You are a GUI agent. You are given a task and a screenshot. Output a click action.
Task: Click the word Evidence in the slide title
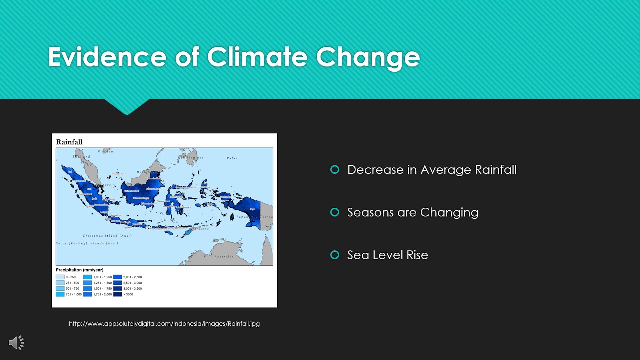tap(106, 57)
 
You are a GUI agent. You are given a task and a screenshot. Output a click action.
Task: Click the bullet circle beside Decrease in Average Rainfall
tap(335, 170)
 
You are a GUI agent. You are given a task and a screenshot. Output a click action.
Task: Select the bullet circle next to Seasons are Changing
tap(335, 212)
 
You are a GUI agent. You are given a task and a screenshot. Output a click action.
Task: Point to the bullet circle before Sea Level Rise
tap(335, 255)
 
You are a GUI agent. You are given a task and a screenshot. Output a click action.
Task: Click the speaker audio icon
tap(16, 342)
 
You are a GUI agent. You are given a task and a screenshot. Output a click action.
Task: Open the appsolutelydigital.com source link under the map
tap(164, 323)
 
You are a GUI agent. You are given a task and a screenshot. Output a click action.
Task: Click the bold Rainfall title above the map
tap(69, 142)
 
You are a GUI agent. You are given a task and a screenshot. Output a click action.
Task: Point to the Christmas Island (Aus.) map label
tap(107, 235)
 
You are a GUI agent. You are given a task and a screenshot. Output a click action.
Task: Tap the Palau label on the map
tap(232, 158)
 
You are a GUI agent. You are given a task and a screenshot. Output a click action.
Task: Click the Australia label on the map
tap(223, 256)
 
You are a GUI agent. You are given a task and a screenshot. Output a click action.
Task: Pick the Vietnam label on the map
tap(106, 151)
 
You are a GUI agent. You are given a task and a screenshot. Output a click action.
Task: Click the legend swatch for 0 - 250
tap(60, 277)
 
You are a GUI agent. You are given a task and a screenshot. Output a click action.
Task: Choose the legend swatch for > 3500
tap(117, 294)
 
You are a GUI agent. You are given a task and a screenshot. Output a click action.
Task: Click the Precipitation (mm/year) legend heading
tap(80, 270)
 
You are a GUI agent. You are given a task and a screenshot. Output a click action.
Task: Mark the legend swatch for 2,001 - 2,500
tap(117, 277)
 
